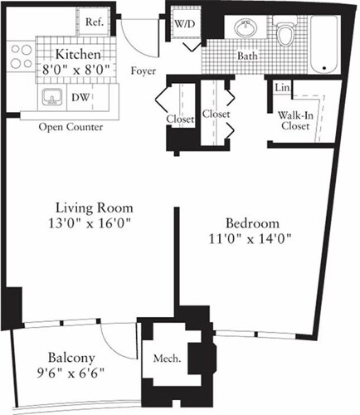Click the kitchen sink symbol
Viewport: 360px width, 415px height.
(x=51, y=98)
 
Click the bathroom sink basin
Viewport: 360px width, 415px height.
(x=246, y=30)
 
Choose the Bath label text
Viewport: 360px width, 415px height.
(x=248, y=57)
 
